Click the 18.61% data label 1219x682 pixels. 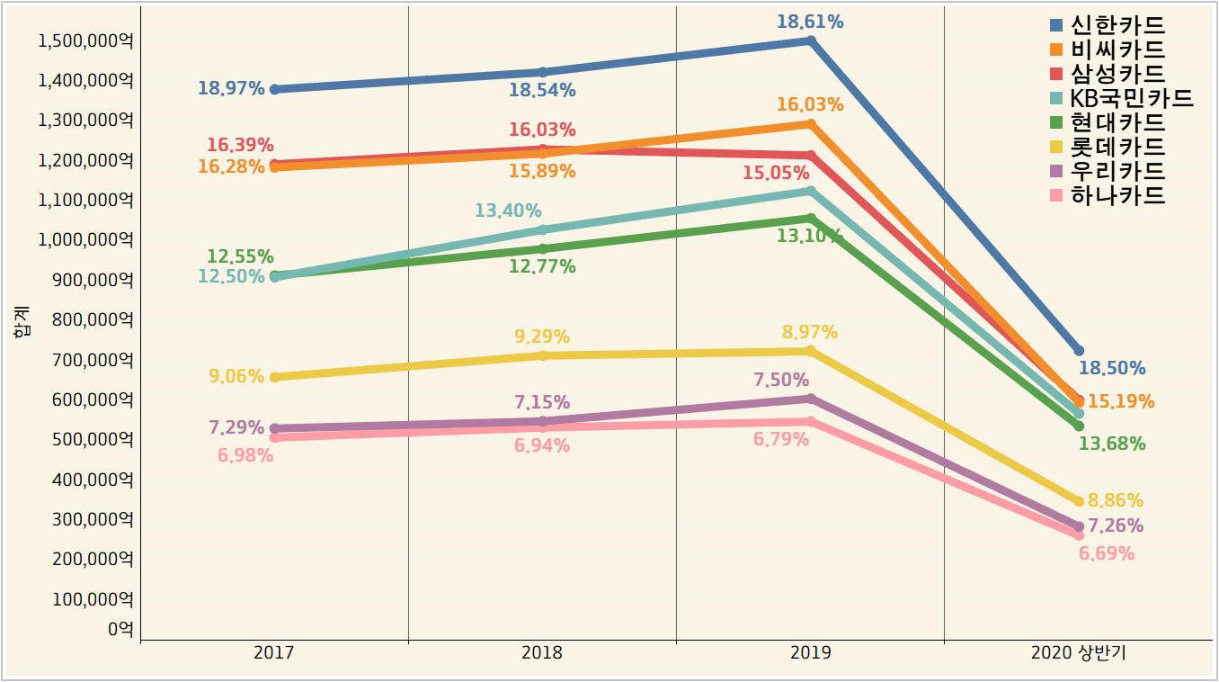tap(810, 22)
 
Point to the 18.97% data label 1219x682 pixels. tap(231, 88)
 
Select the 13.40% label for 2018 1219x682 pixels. tap(508, 211)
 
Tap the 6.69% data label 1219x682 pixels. tap(1106, 553)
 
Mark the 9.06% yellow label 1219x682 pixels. tap(236, 376)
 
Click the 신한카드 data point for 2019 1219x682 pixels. tap(811, 40)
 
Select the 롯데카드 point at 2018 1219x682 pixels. tap(542, 355)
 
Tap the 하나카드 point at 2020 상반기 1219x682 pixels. tap(1079, 535)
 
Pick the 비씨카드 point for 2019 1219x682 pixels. tap(811, 124)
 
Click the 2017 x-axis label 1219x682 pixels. tap(274, 653)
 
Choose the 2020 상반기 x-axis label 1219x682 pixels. tap(1079, 653)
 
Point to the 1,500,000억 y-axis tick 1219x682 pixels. tap(85, 40)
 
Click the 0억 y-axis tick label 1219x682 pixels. tap(120, 629)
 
